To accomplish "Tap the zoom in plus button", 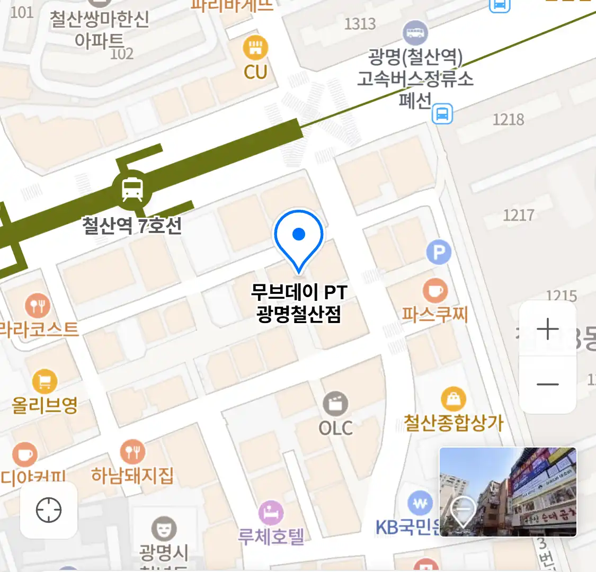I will point(547,329).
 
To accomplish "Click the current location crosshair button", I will point(49,510).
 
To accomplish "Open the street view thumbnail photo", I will point(508,492).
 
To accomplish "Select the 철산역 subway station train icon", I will point(132,189).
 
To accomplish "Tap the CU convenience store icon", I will point(255,48).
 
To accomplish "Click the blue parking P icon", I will point(439,253).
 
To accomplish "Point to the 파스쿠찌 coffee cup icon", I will point(435,291).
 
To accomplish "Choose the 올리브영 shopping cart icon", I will point(45,381).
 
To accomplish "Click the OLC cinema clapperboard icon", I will point(335,404).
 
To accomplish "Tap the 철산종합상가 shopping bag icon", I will point(453,399).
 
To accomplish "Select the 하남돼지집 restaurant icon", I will point(132,452).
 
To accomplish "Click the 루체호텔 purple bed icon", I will point(271,513).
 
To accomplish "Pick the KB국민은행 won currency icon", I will point(420,504).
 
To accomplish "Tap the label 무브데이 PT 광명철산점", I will point(299,303).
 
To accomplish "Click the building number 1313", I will point(360,23).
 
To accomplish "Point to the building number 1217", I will point(518,215).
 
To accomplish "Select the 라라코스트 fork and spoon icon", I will point(37,306).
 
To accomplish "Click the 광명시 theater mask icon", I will point(164,529).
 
